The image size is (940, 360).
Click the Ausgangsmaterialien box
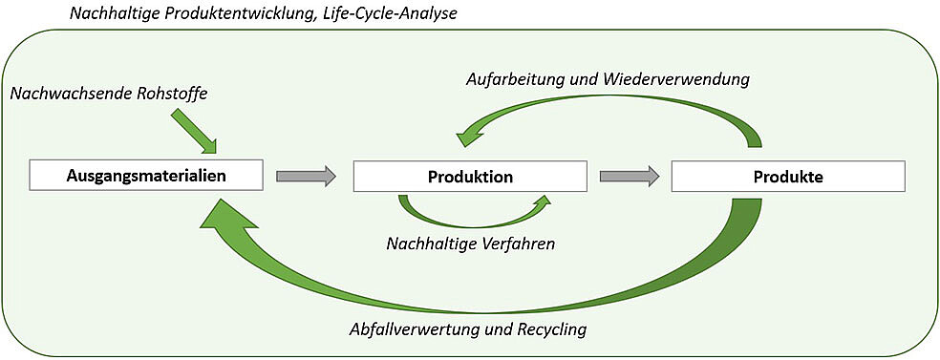coord(145,176)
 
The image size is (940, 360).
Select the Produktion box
coord(470,177)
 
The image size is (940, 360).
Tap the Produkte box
coord(787,177)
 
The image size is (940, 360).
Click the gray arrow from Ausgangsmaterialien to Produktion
coord(306,176)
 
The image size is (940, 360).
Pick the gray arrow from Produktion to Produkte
coord(630,176)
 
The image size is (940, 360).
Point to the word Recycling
coord(548,330)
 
